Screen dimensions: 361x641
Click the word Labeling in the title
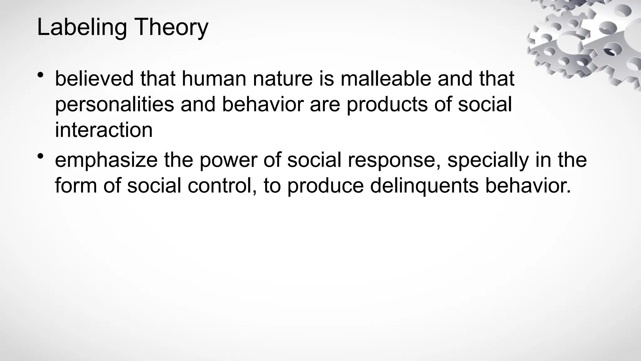coord(82,28)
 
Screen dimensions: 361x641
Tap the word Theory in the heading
coord(172,28)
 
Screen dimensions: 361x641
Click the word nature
coord(283,79)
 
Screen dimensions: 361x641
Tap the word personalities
coord(115,104)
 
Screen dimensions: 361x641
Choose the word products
coord(387,105)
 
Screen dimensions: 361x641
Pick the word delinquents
coord(424,186)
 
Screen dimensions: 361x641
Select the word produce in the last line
coord(326,186)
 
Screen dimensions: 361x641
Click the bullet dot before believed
coord(40,75)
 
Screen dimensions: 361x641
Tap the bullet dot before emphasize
coord(40,156)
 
